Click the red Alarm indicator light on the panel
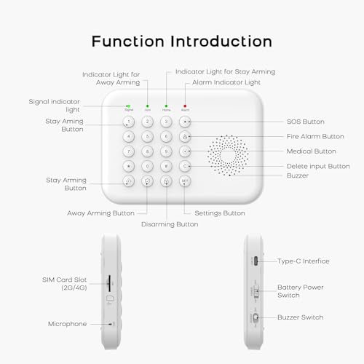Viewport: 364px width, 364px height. [185, 106]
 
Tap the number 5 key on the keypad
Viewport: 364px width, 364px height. [147, 135]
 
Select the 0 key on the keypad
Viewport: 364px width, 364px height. [147, 166]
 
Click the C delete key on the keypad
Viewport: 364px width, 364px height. [185, 166]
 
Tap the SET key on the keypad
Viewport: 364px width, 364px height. [185, 182]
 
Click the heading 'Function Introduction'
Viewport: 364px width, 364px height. [182, 41]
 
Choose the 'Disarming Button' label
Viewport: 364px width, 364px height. [169, 224]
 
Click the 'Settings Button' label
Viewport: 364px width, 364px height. [219, 213]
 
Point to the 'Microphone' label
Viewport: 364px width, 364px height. [67, 324]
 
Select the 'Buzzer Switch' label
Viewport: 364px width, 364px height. [301, 317]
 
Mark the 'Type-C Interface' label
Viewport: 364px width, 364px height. [304, 261]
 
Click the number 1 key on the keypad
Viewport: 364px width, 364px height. [128, 121]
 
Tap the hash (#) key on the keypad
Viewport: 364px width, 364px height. [166, 166]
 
